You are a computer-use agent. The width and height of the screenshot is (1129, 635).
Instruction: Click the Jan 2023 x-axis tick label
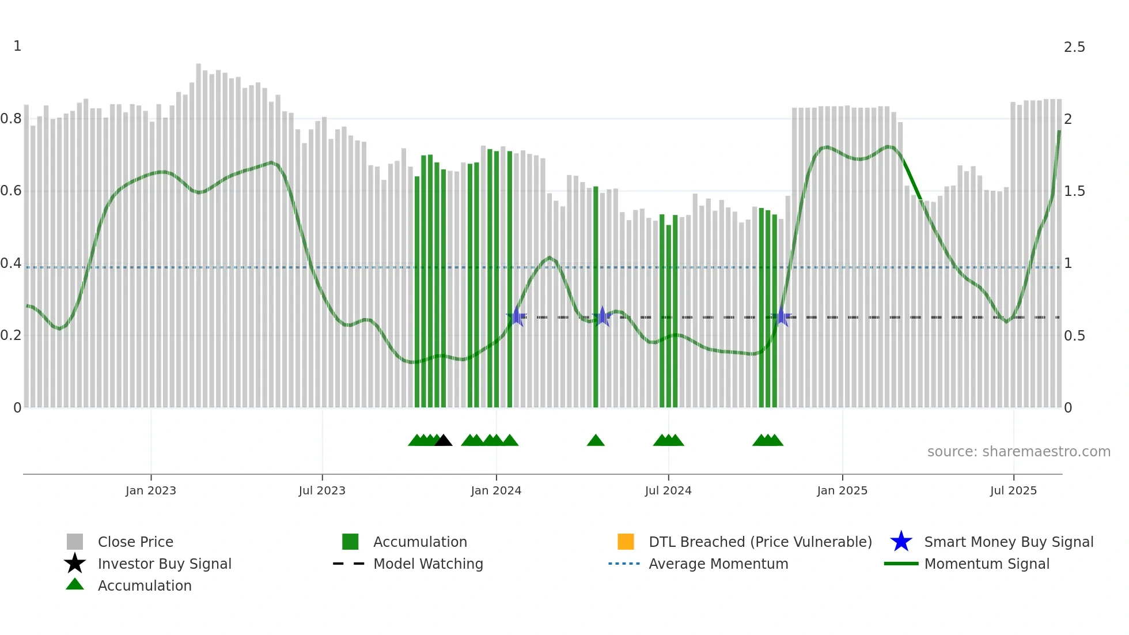151,490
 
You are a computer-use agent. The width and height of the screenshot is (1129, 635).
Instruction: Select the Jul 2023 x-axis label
322,490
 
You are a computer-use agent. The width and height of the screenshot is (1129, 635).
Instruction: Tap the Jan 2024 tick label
496,490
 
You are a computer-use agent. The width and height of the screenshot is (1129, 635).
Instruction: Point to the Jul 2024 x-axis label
668,490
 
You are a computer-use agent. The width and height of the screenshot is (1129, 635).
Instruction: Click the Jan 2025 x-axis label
842,490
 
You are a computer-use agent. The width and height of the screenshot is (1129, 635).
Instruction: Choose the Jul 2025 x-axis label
1013,490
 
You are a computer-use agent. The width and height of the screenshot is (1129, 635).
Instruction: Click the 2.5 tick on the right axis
1074,47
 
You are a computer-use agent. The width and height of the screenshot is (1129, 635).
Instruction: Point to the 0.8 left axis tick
11,119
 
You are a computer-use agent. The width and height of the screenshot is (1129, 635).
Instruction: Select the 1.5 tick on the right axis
1074,191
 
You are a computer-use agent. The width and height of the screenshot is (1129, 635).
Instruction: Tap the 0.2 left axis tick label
11,335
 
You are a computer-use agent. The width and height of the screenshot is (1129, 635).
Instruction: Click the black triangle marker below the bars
443,441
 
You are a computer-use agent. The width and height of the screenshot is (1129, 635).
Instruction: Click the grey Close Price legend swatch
75,542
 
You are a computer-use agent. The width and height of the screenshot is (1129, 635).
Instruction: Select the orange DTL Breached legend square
626,542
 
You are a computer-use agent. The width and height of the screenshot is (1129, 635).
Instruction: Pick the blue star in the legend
901,542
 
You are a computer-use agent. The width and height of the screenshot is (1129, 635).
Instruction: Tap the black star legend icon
75,564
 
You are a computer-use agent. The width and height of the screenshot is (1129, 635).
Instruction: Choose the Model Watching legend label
428,564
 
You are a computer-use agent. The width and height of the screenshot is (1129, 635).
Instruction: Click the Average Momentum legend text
718,564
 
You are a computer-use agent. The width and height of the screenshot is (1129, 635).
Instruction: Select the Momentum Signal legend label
987,564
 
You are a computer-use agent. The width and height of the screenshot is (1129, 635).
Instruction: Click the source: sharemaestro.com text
1018,452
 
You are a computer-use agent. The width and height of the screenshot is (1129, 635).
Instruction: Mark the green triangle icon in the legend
75,584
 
